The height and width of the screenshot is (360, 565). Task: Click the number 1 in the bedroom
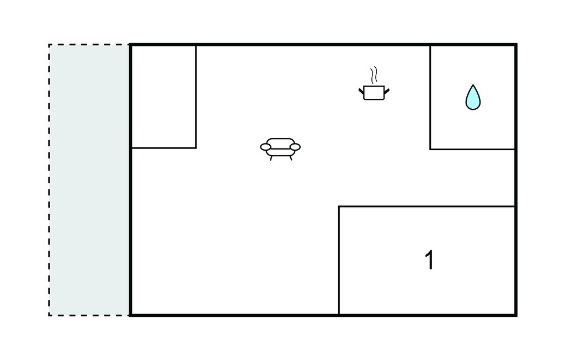(429, 260)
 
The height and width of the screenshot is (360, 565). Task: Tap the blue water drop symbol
(473, 97)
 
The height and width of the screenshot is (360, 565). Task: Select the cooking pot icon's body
(374, 93)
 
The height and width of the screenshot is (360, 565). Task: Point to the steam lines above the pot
(374, 75)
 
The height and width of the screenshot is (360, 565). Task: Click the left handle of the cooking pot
(361, 91)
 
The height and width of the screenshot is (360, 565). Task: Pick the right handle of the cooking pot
(387, 91)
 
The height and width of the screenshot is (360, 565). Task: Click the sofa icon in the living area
(280, 149)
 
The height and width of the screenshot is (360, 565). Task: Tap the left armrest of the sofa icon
(265, 147)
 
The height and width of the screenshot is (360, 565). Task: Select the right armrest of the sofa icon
(295, 147)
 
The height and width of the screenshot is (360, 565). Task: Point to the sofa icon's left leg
(271, 158)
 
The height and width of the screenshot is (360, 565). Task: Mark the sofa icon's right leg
(290, 158)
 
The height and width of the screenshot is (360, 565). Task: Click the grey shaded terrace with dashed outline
(89, 180)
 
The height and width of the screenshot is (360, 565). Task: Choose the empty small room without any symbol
(163, 96)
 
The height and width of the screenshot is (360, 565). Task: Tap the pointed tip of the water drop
(473, 85)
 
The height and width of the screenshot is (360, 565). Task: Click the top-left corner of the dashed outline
(49, 45)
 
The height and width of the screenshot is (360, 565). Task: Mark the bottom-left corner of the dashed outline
(49, 316)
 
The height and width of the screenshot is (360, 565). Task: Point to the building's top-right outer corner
(516, 44)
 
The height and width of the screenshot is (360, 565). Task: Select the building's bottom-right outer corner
(516, 316)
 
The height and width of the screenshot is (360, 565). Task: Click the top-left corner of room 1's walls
(339, 207)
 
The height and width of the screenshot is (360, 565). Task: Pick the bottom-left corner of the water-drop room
(430, 149)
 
